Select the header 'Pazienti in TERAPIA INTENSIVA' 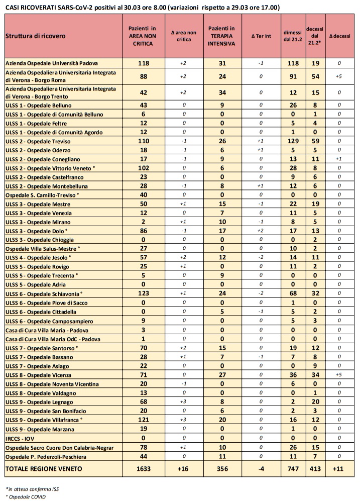tap(221, 36)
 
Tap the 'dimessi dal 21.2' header tap(292, 36)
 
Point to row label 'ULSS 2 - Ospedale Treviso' tap(38, 141)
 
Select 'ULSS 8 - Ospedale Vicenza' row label tap(38, 374)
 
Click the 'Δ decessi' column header tap(340, 36)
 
